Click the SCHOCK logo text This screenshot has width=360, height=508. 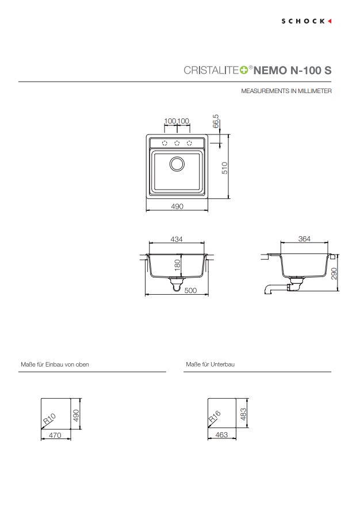(x=303, y=21)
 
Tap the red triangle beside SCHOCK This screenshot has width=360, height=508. (x=330, y=21)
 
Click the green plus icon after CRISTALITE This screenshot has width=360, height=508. (x=244, y=70)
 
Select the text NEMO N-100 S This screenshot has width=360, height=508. (x=292, y=70)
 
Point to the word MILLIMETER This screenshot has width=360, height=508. (x=315, y=91)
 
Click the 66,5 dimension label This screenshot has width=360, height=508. (x=216, y=121)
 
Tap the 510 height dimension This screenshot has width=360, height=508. (x=225, y=168)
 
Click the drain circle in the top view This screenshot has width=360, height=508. (x=177, y=164)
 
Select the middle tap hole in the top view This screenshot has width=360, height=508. (x=177, y=143)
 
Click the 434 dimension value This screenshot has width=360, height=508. (x=177, y=239)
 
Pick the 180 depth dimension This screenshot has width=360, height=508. (x=177, y=265)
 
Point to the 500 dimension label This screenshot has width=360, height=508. (x=190, y=290)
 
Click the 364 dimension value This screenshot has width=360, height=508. (x=304, y=239)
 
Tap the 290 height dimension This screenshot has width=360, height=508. (x=334, y=273)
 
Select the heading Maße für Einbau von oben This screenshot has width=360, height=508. (x=55, y=364)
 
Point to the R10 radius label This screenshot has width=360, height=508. (x=49, y=419)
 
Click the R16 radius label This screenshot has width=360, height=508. (x=215, y=416)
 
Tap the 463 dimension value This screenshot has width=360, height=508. (x=221, y=435)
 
